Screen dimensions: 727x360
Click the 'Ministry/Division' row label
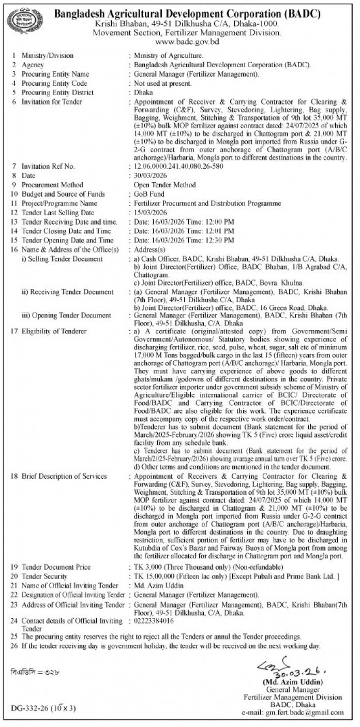(x=48, y=55)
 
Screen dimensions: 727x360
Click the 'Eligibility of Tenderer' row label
(x=54, y=331)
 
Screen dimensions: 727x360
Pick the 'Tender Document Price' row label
(x=56, y=567)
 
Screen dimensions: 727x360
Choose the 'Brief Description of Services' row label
(x=64, y=476)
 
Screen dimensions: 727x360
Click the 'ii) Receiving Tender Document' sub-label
(x=67, y=292)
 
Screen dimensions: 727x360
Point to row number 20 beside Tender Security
(x=14, y=576)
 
